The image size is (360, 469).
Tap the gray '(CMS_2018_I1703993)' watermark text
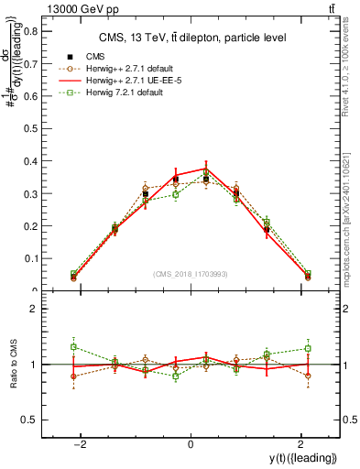tap(190, 274)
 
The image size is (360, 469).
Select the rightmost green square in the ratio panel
tap(308, 348)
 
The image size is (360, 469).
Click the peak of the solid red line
tap(206, 169)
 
